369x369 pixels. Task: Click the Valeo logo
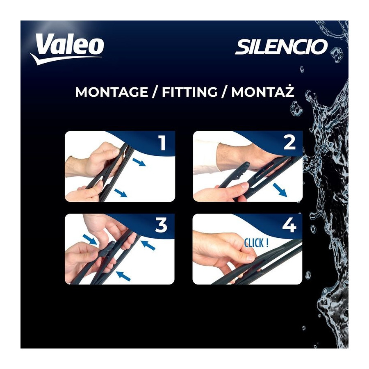[x=68, y=49]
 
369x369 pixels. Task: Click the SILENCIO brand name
[x=281, y=47]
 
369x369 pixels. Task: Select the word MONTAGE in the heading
[x=111, y=92]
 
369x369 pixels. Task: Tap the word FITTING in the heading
[x=189, y=92]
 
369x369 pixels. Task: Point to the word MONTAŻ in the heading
[x=263, y=91]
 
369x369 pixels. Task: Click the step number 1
[x=162, y=143]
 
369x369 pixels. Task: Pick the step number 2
[x=289, y=142]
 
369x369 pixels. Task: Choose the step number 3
[x=162, y=225]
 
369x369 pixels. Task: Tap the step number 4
[x=289, y=225]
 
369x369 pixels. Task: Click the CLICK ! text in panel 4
[x=256, y=243]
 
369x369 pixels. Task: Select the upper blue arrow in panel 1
[x=139, y=162]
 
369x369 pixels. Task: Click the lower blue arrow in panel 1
[x=121, y=193]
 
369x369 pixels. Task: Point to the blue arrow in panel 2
[x=280, y=190]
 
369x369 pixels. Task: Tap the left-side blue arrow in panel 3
[x=90, y=239]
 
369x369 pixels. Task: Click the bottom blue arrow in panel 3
[x=123, y=276]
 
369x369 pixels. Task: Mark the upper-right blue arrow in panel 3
[x=148, y=245]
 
